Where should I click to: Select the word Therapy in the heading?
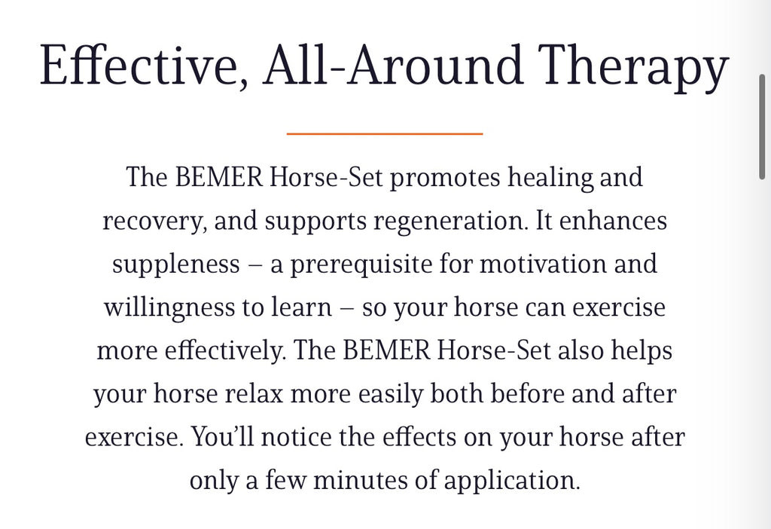632,68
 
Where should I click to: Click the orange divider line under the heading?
385,133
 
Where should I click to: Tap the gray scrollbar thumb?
762,127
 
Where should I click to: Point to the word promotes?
445,178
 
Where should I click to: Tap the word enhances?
613,220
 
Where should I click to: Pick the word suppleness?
176,264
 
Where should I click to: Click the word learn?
301,307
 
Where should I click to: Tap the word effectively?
225,351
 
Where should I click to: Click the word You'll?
222,436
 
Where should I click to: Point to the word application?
512,481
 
